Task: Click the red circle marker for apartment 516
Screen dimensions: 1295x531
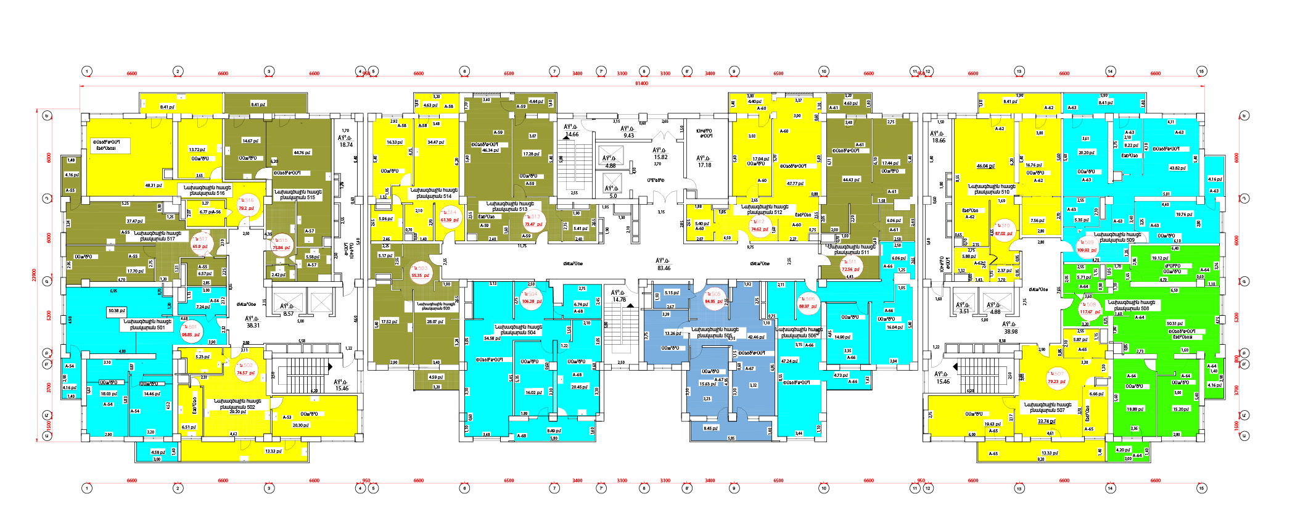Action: coord(247,204)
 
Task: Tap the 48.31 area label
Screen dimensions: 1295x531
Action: coord(154,185)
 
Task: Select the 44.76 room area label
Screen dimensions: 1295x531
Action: coord(302,152)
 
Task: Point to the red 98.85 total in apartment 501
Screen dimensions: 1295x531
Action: coord(191,335)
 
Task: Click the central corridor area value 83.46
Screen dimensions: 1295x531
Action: coord(664,268)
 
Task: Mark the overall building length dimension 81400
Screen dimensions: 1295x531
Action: coord(641,83)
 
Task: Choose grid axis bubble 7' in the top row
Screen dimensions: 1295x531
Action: coord(601,72)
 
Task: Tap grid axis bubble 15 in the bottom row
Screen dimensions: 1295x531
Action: coord(1201,488)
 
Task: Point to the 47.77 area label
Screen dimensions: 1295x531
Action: coord(795,183)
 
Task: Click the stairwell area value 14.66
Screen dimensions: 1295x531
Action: coord(572,134)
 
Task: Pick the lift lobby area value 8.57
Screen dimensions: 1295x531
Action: coord(288,314)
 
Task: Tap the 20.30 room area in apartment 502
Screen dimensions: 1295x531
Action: coord(300,425)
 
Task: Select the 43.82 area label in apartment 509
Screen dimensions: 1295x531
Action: coord(1177,168)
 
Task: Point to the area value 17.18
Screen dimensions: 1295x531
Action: coord(704,165)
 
